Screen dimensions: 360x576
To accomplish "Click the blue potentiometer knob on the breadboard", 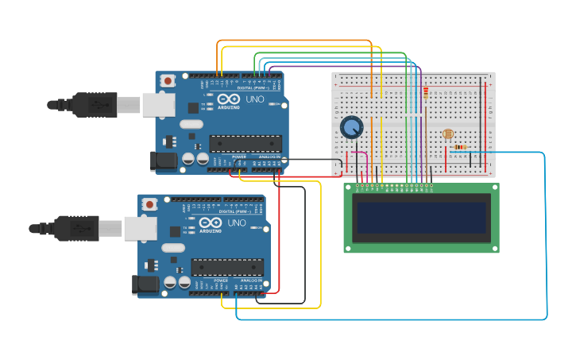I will (351, 127).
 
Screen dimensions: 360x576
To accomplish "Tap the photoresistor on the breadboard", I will (448, 134).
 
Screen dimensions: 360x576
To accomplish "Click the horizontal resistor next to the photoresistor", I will (459, 147).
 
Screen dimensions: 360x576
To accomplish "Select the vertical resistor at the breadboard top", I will (425, 94).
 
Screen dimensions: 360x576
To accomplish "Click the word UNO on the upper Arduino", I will (254, 99).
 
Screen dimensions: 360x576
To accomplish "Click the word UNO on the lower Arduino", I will (237, 223).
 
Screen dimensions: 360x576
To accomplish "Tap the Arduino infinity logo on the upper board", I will (228, 100).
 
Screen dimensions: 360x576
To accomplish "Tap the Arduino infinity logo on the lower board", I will (211, 223).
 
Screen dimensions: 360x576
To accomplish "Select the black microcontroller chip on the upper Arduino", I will (245, 143).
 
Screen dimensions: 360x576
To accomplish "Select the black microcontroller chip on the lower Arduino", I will (226, 267).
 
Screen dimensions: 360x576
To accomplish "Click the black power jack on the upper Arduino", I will (164, 161).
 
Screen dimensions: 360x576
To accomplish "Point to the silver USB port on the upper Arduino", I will (158, 104).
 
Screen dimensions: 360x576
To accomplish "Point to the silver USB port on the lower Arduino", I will (140, 228).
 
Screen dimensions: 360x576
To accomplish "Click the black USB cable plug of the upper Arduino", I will (95, 104).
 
